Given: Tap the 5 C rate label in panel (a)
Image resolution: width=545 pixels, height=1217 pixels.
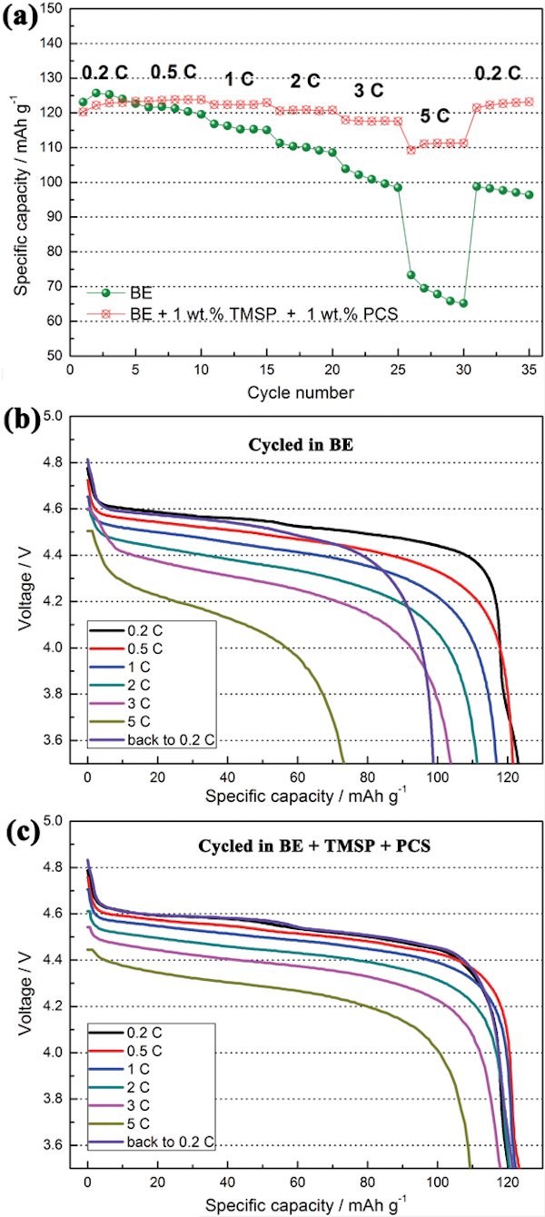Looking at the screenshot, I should (434, 115).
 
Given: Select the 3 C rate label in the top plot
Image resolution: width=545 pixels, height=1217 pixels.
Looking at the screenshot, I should (369, 91).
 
